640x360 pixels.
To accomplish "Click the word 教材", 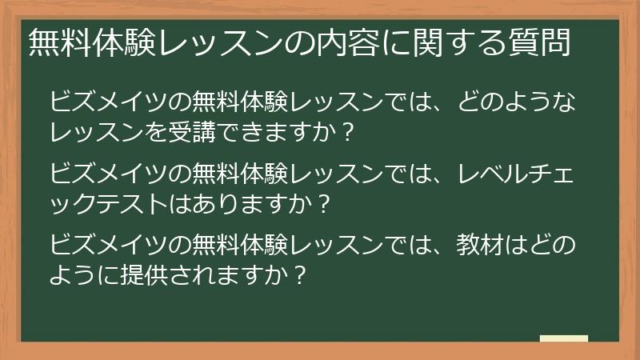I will [x=481, y=242].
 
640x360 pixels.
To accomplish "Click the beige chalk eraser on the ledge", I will [x=564, y=339].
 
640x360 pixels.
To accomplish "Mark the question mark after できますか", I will [x=346, y=130].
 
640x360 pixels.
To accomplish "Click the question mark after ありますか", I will [x=322, y=203].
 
